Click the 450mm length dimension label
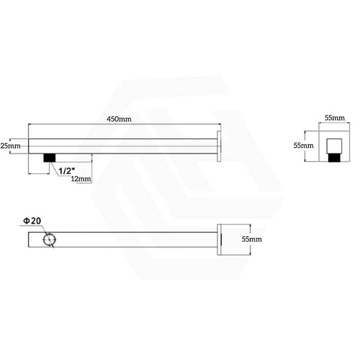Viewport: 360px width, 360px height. [119, 119]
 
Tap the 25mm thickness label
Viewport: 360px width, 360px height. [10, 146]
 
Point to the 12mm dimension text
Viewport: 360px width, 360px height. [81, 179]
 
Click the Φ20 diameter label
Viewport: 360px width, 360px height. [32, 221]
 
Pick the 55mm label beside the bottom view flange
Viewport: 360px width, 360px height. [252, 239]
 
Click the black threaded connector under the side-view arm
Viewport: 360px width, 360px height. [49, 157]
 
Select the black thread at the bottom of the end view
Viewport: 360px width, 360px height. [334, 158]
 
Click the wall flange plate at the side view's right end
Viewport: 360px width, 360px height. [220, 146]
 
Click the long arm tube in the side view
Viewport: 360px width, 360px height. [121, 146]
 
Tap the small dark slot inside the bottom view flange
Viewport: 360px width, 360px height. [220, 239]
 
